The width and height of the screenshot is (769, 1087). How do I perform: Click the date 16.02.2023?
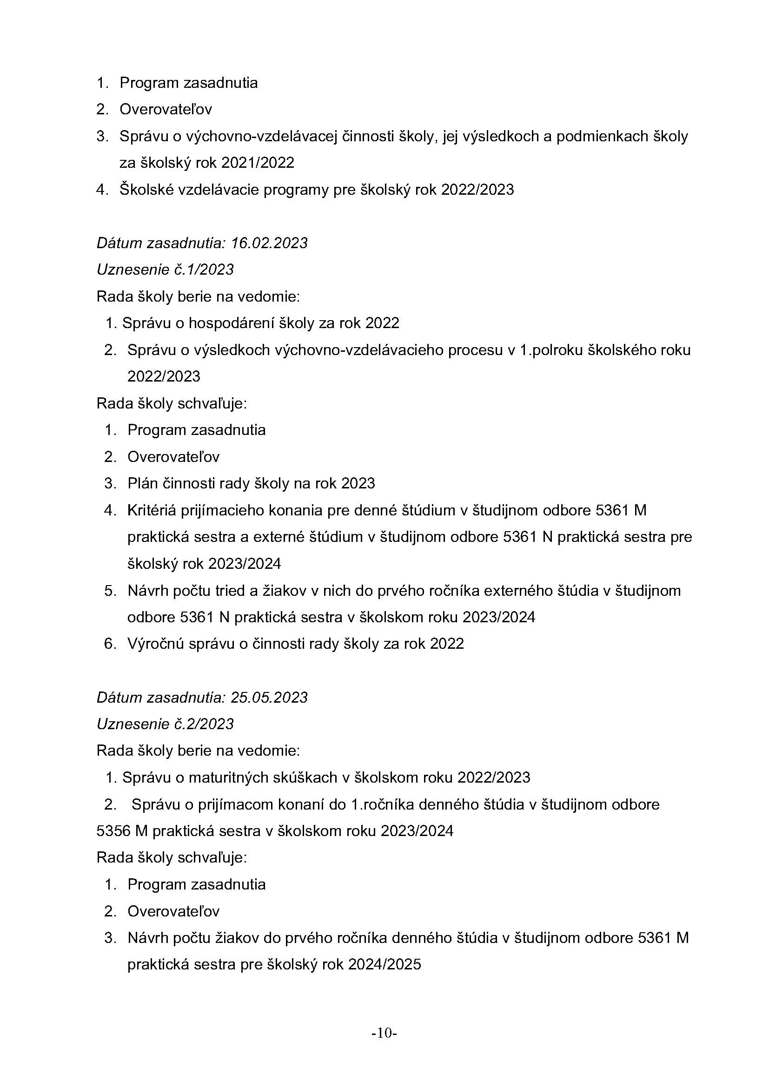point(269,243)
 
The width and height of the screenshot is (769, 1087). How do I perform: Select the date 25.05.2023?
point(269,697)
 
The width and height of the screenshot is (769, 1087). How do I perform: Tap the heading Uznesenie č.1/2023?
point(165,270)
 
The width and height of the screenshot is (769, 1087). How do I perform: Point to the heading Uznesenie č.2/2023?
point(165,724)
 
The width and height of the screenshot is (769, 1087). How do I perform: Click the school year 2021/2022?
point(258,163)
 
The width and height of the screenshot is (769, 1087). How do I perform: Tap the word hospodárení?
point(231,323)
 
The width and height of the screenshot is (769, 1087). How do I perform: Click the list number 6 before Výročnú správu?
point(109,643)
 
